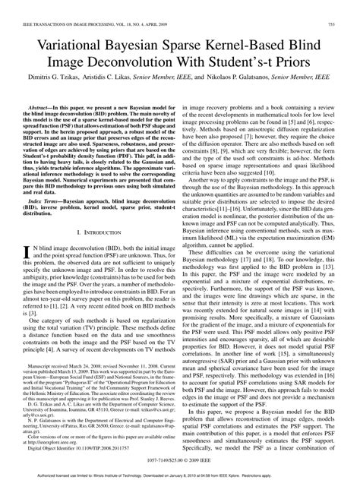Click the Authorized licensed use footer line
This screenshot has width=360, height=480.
coord(180,475)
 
